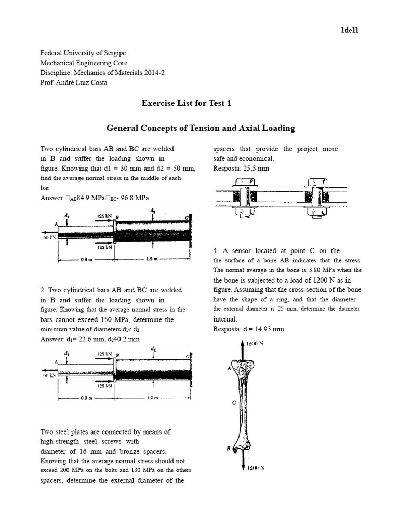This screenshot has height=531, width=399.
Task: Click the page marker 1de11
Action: [349, 30]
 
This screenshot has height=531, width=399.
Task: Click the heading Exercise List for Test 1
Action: [187, 103]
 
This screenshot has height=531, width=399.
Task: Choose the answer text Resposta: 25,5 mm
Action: [241, 169]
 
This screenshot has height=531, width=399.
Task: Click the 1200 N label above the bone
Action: [255, 343]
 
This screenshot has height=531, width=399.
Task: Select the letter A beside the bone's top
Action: [229, 368]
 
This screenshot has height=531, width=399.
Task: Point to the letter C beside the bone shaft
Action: [234, 402]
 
